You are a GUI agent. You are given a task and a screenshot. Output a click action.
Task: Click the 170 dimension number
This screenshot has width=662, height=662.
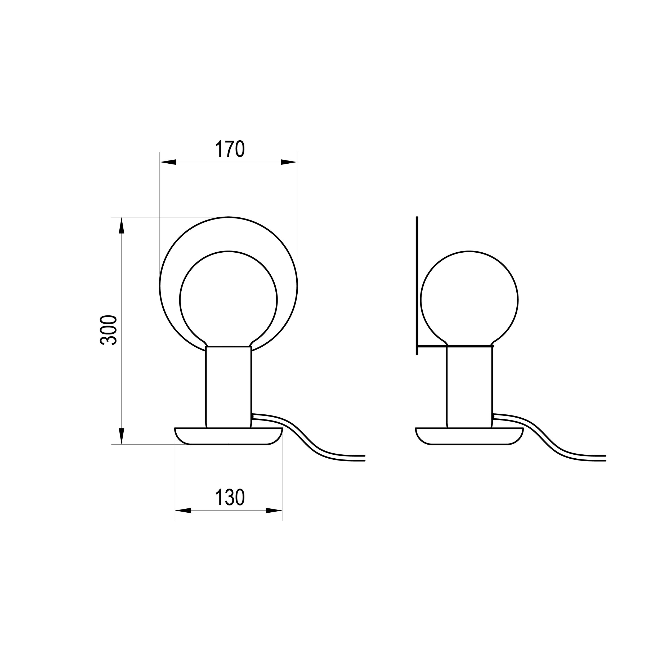tap(230, 149)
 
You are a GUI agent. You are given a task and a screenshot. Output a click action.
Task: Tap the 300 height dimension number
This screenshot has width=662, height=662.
tap(109, 330)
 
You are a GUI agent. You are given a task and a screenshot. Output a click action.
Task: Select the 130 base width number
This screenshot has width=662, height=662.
tap(230, 498)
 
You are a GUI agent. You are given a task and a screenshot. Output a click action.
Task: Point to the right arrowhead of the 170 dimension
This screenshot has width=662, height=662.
tap(289, 162)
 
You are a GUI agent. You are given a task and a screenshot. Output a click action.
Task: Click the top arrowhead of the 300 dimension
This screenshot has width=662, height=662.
tap(121, 226)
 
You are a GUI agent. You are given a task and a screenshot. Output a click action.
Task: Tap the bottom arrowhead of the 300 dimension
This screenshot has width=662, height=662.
tap(121, 436)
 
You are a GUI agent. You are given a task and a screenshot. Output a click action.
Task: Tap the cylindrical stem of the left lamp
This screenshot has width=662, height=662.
tap(229, 387)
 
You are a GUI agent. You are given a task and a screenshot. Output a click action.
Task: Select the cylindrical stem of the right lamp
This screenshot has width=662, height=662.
tap(469, 387)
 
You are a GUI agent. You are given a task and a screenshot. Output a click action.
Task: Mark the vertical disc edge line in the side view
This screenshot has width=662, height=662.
tap(417, 284)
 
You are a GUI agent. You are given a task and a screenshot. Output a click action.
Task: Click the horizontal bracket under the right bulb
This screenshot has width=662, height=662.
tap(456, 346)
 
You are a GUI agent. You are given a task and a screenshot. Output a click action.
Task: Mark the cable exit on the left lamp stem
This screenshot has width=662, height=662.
tap(253, 416)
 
